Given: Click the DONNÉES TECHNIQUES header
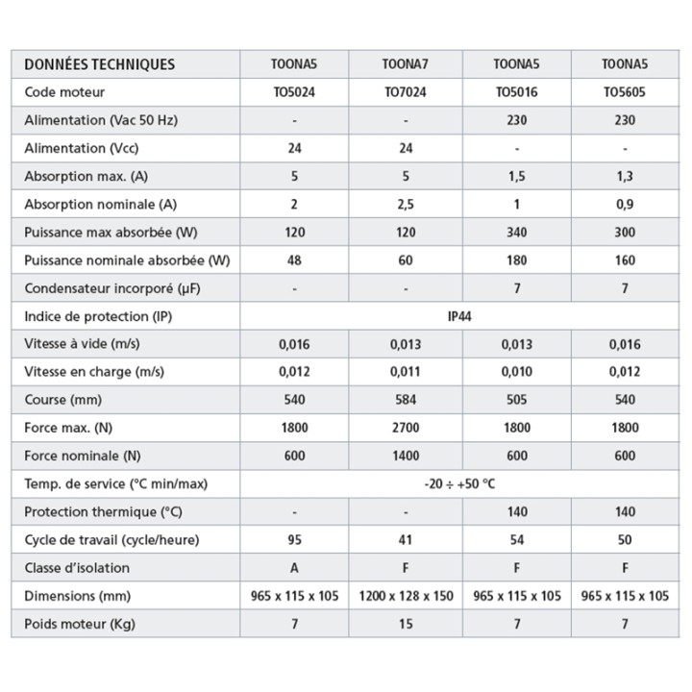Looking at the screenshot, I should pyautogui.click(x=100, y=64).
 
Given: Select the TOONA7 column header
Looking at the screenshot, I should pyautogui.click(x=406, y=64).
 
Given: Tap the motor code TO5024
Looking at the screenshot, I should pyautogui.click(x=295, y=92).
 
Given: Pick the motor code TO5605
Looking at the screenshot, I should pyautogui.click(x=625, y=92).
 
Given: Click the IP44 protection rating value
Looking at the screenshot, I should pyautogui.click(x=460, y=316).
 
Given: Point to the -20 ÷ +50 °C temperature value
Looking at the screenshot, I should pyautogui.click(x=460, y=483).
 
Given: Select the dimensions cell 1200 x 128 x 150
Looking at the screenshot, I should pyautogui.click(x=406, y=596).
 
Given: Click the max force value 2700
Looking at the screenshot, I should pyautogui.click(x=406, y=428).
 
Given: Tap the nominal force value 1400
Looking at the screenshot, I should pyautogui.click(x=406, y=456).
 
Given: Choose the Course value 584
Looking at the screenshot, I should pyautogui.click(x=406, y=400).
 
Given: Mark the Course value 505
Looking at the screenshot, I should pyautogui.click(x=516, y=400).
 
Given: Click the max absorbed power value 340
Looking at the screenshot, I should pyautogui.click(x=516, y=232).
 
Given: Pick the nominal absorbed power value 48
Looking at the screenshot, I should pyautogui.click(x=295, y=259).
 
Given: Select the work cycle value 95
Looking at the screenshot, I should pyautogui.click(x=295, y=540).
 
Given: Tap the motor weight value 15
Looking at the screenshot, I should pyautogui.click(x=406, y=624).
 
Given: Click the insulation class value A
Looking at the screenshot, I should pyautogui.click(x=295, y=568).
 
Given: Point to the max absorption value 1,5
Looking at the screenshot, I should pyautogui.click(x=516, y=176).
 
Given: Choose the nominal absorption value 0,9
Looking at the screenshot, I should pyautogui.click(x=625, y=204).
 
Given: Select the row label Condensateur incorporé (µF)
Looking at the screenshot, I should pyautogui.click(x=112, y=288).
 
